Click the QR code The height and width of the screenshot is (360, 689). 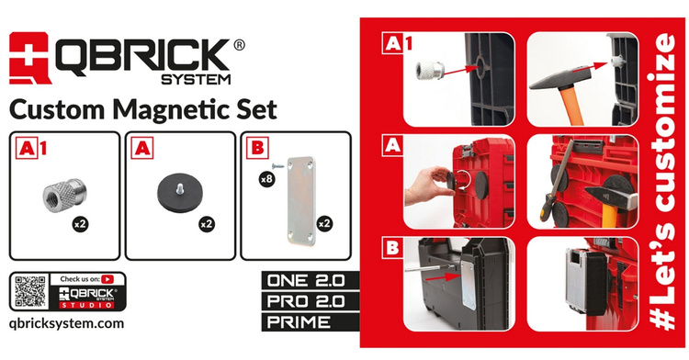click(x=30, y=291)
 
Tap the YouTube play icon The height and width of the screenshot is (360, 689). click(x=107, y=279)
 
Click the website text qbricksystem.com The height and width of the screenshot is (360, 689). click(x=66, y=324)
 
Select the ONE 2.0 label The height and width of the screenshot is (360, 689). click(x=306, y=280)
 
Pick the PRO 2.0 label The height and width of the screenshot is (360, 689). click(x=306, y=301)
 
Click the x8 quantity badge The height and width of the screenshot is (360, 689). click(x=266, y=179)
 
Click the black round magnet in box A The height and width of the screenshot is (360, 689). click(x=180, y=195)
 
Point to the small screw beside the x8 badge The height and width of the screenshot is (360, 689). click(x=277, y=166)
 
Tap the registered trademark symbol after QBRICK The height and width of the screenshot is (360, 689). click(x=239, y=45)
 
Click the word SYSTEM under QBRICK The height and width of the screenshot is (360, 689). click(x=196, y=79)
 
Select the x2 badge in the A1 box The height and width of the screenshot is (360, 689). click(x=81, y=224)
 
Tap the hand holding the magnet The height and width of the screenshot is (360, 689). click(x=428, y=185)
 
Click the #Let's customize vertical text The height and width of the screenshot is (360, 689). click(x=661, y=181)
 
